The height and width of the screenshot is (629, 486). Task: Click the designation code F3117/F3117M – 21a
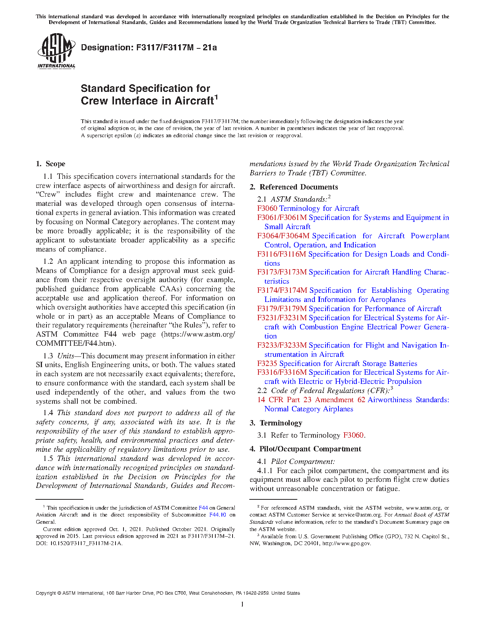176,48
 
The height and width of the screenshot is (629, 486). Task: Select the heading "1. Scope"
51,164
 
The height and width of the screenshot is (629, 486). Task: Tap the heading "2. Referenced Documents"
294,187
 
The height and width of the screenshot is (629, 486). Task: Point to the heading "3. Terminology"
276,423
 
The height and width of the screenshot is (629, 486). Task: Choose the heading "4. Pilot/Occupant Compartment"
305,449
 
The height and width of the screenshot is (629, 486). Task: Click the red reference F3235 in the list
267,363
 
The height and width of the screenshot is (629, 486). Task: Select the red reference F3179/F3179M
282,308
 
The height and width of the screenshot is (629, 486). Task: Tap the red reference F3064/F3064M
283,236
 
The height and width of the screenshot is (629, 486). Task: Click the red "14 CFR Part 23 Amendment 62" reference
311,400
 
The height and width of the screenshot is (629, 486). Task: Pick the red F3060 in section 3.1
353,435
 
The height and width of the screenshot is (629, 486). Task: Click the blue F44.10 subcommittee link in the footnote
218,515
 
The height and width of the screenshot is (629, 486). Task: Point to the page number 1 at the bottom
242,604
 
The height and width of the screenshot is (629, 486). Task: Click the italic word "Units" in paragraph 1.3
66,356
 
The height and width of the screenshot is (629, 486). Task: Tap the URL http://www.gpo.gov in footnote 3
346,543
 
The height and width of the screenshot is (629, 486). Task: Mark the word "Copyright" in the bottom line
45,593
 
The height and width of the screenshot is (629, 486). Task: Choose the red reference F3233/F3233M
282,345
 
